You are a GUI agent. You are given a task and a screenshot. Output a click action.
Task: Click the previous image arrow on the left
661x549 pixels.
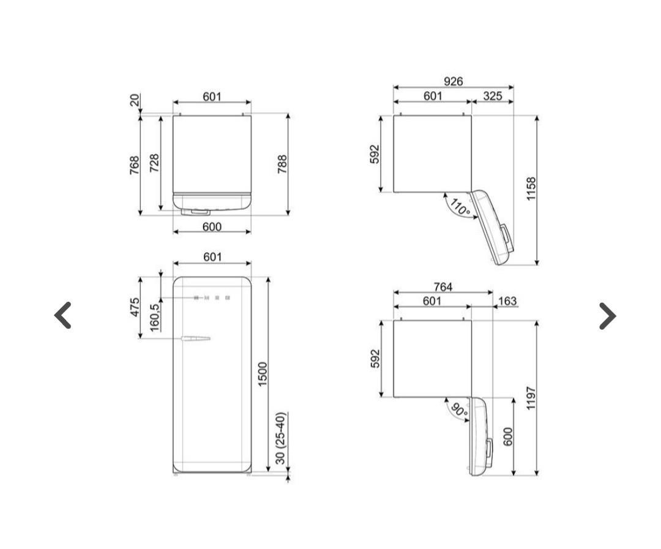62,315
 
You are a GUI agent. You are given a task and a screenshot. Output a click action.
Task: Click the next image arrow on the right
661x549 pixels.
608,316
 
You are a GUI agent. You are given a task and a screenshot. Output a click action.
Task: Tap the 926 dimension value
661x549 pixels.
453,81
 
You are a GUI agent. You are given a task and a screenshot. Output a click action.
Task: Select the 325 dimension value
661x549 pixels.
492,96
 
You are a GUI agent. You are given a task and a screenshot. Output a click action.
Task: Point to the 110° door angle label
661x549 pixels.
460,207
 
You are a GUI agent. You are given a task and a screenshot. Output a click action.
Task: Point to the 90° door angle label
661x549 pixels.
459,410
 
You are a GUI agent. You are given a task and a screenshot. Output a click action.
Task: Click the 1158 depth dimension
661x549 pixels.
531,189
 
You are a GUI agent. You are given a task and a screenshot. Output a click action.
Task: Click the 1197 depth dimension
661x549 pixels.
531,398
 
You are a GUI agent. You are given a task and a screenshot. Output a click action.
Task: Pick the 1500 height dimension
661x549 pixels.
262,374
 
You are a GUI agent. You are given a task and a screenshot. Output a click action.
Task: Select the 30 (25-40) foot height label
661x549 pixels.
281,438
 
